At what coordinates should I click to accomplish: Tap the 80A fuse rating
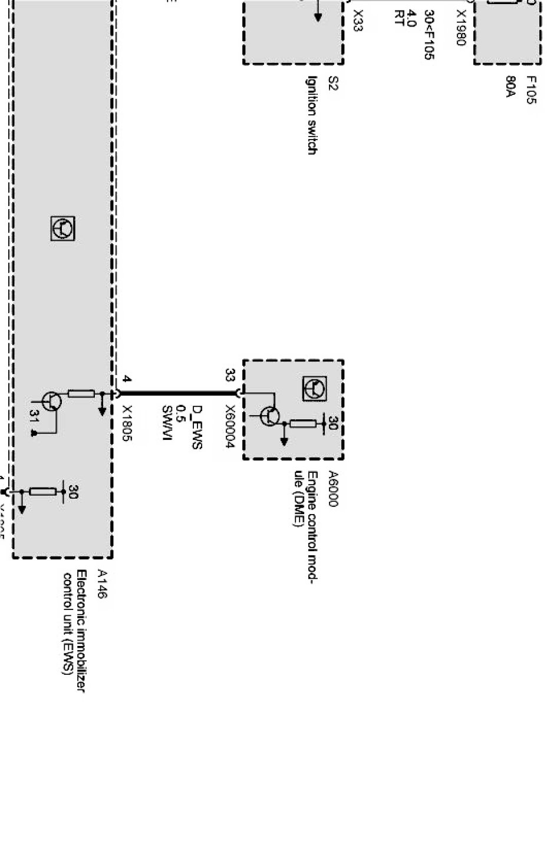(510, 87)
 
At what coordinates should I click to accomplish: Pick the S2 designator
(332, 83)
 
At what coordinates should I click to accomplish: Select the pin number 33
(230, 375)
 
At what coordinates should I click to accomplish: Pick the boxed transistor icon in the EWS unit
(62, 228)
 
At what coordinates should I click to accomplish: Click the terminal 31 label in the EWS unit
(34, 417)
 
